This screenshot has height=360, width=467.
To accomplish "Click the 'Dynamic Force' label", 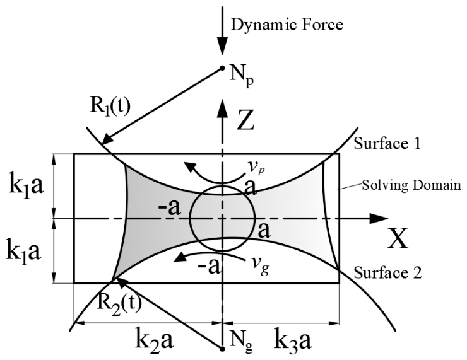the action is coord(287,25).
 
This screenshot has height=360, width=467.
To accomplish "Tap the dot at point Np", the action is coord(222,68).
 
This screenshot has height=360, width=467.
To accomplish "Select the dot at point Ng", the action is coord(222,349).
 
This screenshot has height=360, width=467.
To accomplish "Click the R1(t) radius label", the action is coord(110,107).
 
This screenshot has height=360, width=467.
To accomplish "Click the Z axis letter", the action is coord(245,120).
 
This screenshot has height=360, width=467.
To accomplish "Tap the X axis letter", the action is coord(398,238).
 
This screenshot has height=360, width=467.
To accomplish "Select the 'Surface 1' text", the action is coord(387,144).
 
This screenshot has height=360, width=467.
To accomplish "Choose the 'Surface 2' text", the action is coord(387,272).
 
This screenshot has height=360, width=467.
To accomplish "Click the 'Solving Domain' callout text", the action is coord(411,185).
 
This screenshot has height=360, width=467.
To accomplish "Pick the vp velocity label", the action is coord(257,169).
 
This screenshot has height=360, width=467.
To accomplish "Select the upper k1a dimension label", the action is coord(27,186).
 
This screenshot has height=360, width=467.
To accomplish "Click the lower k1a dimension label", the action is coord(23,252).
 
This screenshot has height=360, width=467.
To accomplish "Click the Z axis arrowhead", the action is coord(222,108).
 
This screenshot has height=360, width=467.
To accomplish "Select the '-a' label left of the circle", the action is coord(170,208).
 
